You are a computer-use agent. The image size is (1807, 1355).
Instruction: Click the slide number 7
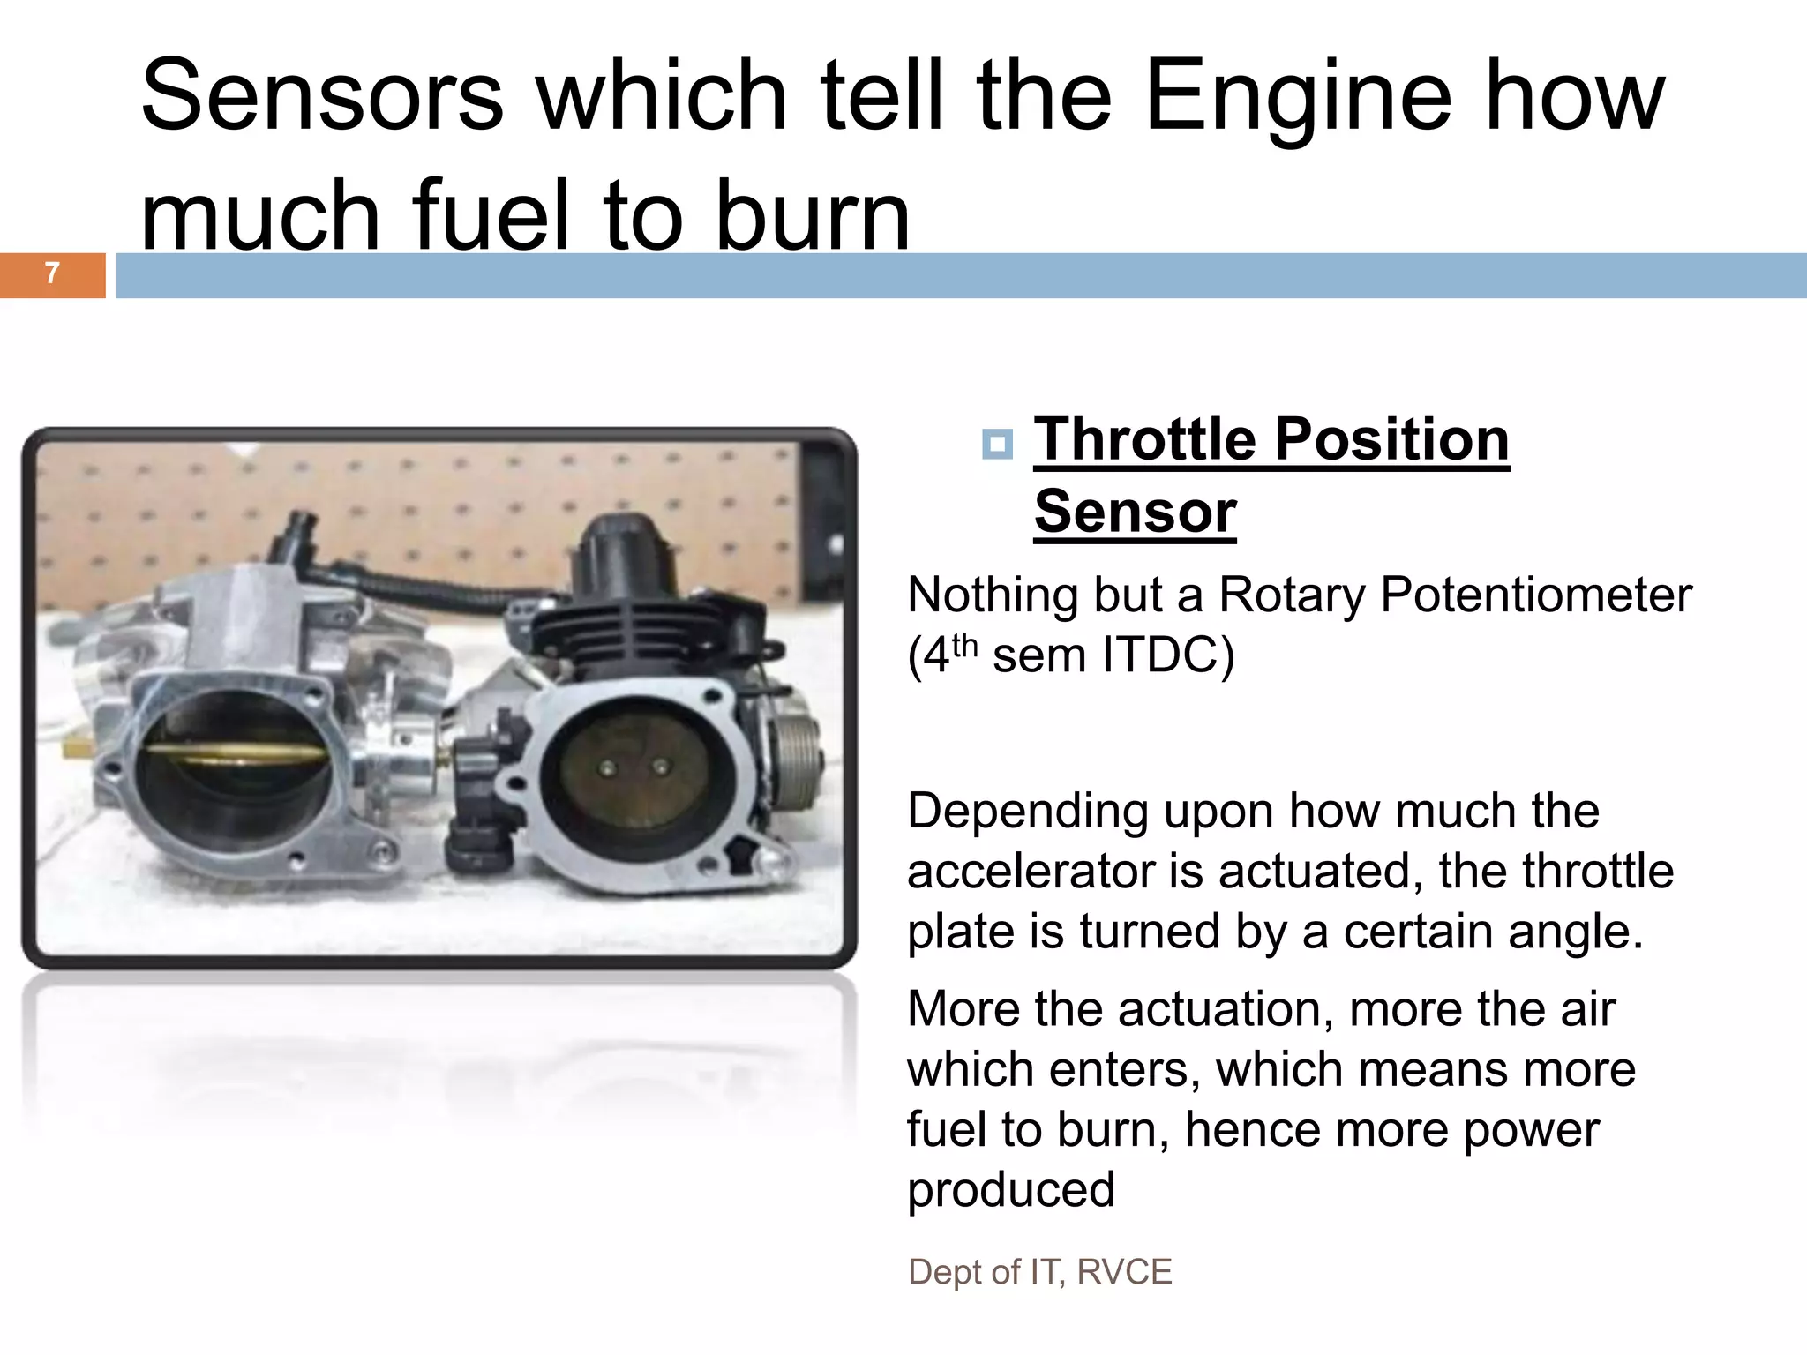tap(52, 273)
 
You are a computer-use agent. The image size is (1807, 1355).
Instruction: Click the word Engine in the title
tap(1297, 95)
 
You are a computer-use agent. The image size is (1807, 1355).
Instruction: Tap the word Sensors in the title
tap(322, 95)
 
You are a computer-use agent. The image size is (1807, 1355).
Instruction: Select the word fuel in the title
tap(491, 216)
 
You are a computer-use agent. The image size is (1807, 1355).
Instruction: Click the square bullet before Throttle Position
tap(997, 443)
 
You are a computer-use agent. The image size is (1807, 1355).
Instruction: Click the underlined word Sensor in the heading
tap(1135, 512)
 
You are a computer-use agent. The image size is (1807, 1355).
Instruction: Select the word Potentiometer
tap(1535, 595)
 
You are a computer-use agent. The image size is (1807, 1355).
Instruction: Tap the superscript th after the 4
tap(964, 646)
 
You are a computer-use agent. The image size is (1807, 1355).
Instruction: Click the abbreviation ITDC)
tap(1168, 655)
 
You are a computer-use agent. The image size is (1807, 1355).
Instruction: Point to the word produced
tap(1011, 1189)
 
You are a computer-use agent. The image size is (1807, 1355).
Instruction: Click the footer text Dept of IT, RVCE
tap(1039, 1272)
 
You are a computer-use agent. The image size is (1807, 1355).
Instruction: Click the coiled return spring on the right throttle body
tap(799, 759)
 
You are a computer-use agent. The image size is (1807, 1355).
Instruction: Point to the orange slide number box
tap(52, 275)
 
